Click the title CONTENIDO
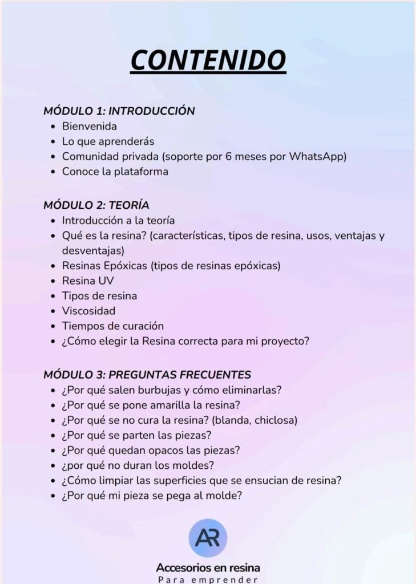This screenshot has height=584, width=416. tap(208, 60)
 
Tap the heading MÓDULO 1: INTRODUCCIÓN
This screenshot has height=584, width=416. tap(119, 111)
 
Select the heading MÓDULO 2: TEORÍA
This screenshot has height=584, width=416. tap(96, 205)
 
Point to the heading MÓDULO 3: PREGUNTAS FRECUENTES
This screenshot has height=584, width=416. tap(147, 375)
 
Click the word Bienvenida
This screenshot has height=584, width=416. tap(89, 126)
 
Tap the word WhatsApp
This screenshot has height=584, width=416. tap(318, 156)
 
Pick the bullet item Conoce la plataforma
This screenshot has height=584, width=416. tap(115, 171)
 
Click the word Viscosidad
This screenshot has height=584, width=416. tap(88, 311)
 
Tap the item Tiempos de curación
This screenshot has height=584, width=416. tap(112, 326)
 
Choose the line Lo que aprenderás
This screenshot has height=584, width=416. tap(108, 141)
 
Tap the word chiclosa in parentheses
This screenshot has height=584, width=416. tap(274, 420)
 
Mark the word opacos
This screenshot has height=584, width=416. tap(161, 451)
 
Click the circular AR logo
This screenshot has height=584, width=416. tap(208, 538)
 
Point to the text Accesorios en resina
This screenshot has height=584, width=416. tap(208, 568)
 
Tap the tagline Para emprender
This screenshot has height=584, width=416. tap(208, 579)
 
